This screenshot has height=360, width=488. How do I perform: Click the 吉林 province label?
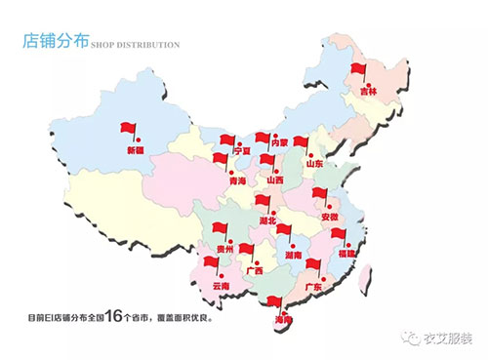368,90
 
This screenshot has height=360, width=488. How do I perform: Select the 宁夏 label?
236,151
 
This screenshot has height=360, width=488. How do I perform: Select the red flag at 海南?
278,302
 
